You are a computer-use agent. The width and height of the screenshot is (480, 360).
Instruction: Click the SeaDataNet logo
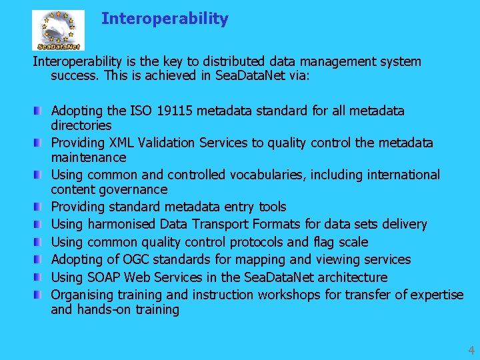coord(58,30)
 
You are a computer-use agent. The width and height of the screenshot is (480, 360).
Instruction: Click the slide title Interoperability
coord(165,19)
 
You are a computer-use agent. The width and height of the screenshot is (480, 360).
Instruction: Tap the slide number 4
coord(471,349)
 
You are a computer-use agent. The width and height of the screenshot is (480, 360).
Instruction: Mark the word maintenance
coord(88,157)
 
